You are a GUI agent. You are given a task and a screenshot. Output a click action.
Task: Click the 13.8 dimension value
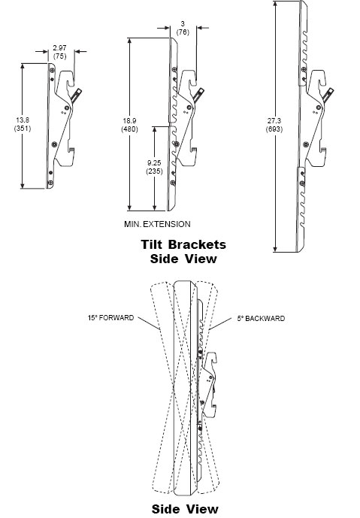pos(23,120)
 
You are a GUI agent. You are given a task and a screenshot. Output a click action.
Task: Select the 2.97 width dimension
pos(59,48)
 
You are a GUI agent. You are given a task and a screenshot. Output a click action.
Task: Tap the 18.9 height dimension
pos(129,121)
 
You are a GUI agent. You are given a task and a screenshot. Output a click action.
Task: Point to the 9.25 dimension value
pos(154,163)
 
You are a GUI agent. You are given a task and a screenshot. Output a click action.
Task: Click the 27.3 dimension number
pos(274,121)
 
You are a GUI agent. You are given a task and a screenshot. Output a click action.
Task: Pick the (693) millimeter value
pos(274,129)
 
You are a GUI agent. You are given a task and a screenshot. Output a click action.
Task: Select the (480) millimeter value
pos(129,129)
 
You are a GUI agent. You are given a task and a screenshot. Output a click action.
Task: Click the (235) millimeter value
pos(154,171)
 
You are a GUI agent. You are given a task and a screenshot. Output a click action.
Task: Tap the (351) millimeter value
pos(23,129)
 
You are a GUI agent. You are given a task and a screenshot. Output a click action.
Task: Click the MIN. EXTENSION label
pos(157,224)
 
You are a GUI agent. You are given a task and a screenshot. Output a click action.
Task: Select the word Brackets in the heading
pos(197,245)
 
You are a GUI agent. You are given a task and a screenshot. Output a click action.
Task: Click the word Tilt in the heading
pos(152,245)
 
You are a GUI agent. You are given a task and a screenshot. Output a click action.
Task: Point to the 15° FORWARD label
pos(111,318)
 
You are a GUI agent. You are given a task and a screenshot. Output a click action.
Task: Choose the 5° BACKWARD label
pos(261,319)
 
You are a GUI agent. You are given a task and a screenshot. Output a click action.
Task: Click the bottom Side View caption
pos(185,509)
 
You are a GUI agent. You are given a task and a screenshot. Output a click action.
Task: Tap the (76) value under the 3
pos(183,32)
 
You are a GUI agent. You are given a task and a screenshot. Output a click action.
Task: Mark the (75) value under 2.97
pos(59,56)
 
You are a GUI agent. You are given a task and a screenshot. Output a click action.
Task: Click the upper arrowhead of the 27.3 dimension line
pos(275,4)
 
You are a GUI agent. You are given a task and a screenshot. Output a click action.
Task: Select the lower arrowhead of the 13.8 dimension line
pos(23,185)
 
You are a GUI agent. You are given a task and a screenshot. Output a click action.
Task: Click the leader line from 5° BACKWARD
pos(220,324)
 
